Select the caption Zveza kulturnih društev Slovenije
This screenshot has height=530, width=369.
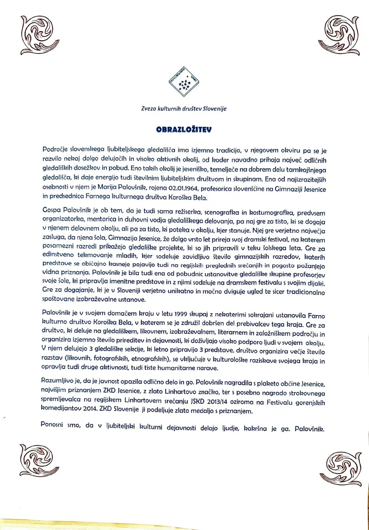click(x=184, y=108)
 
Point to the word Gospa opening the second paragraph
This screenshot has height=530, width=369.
click(x=53, y=213)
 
